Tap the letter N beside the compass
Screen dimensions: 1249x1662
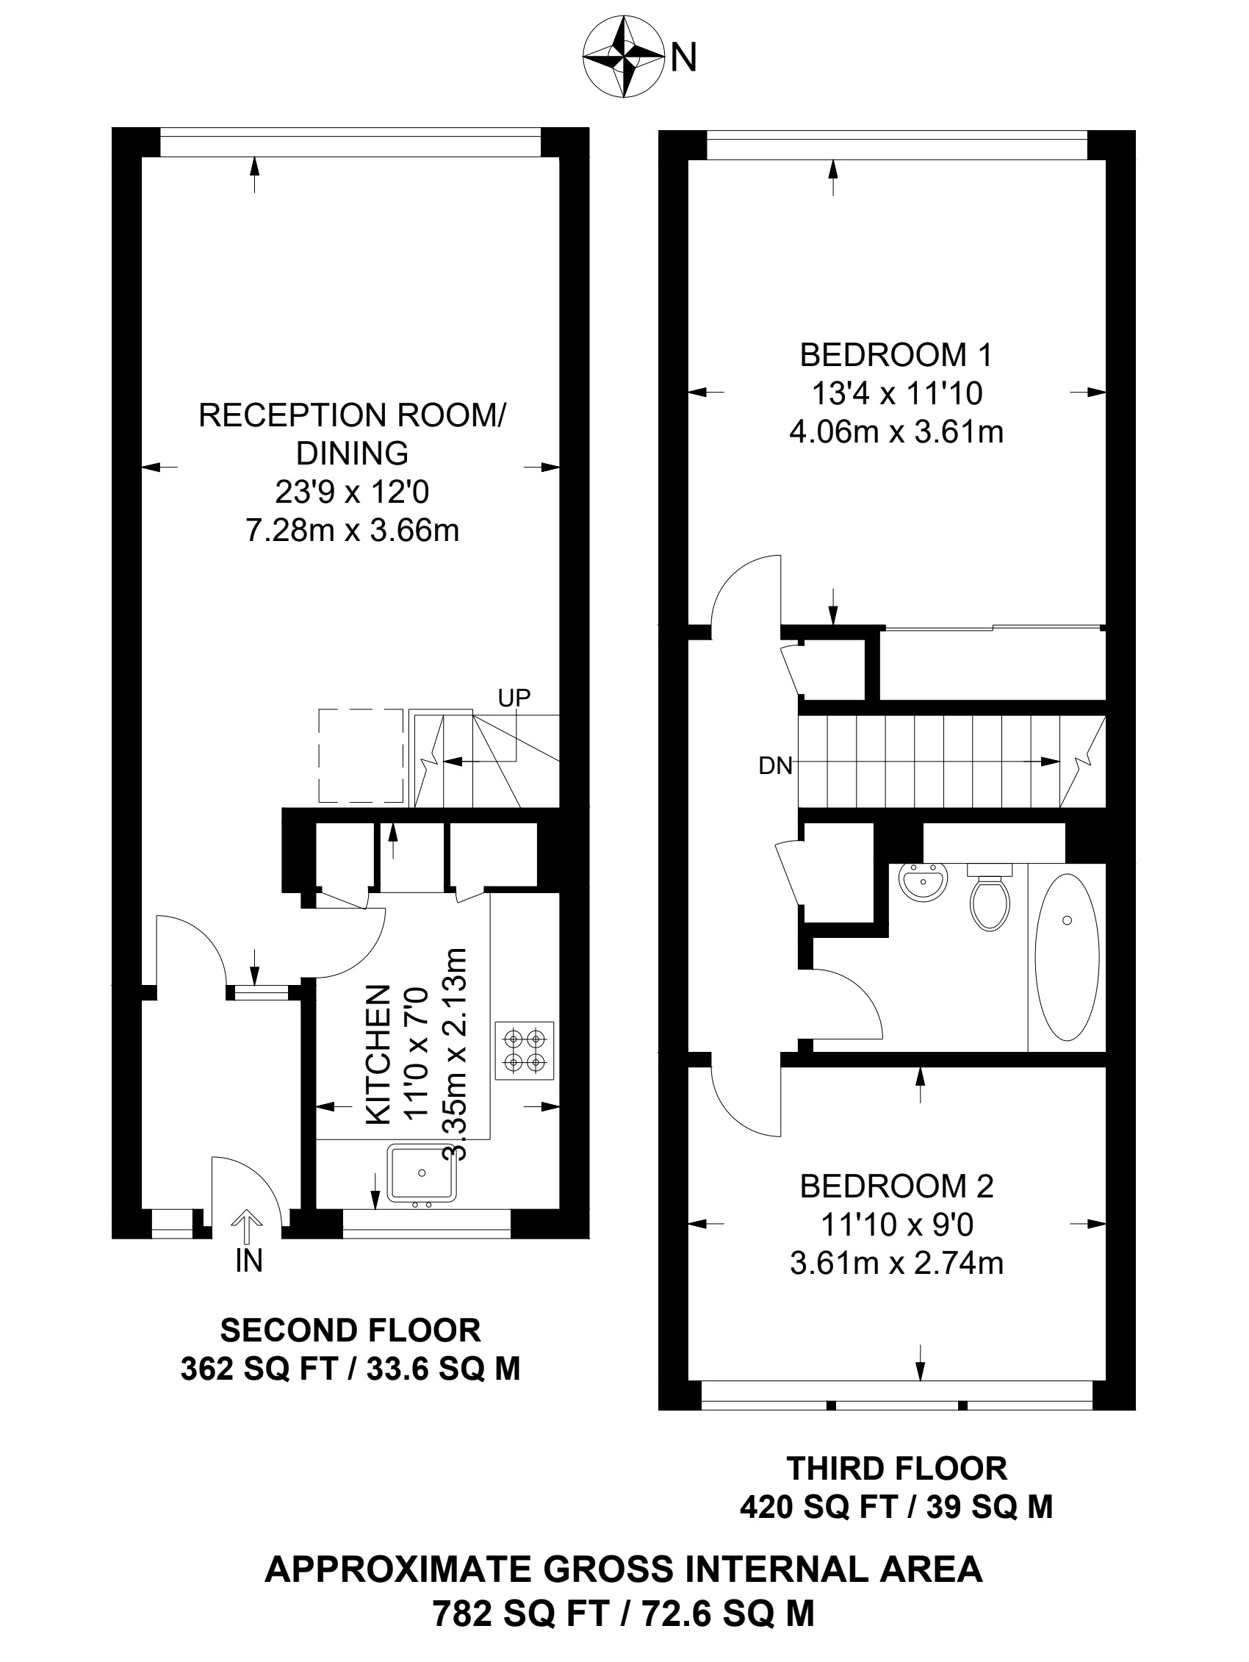[x=683, y=58]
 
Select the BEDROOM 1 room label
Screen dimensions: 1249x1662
[x=896, y=354]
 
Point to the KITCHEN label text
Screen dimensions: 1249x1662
[x=378, y=1055]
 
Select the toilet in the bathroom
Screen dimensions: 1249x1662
[x=989, y=897]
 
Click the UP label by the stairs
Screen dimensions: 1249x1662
[x=514, y=698]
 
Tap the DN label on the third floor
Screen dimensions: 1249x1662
[x=776, y=766]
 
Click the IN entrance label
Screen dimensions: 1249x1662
[x=248, y=1261]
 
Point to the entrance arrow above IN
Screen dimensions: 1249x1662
[x=248, y=1227]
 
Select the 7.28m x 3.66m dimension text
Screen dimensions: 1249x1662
[x=352, y=531]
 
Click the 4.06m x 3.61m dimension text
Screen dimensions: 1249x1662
[x=896, y=433]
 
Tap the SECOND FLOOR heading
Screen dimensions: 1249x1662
[x=350, y=1330]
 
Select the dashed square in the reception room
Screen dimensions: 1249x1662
[x=361, y=755]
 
